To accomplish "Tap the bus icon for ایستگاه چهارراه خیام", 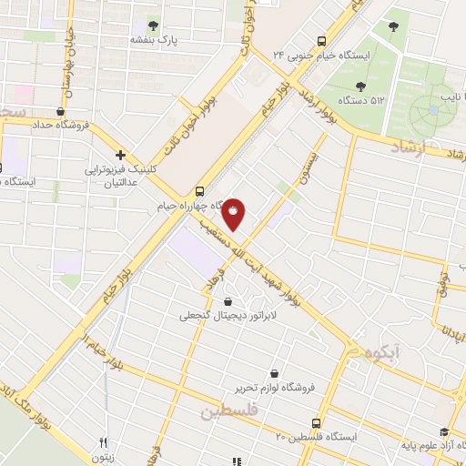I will tap(199, 191).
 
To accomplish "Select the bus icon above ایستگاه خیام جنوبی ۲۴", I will tap(320, 40).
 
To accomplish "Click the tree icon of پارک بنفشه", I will tap(152, 25).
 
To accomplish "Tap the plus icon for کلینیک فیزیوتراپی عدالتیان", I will tap(120, 155).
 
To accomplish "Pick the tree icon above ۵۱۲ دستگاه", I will tap(360, 86).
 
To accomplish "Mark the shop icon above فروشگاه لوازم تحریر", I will tap(275, 373).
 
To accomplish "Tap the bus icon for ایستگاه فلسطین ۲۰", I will tap(316, 423).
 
